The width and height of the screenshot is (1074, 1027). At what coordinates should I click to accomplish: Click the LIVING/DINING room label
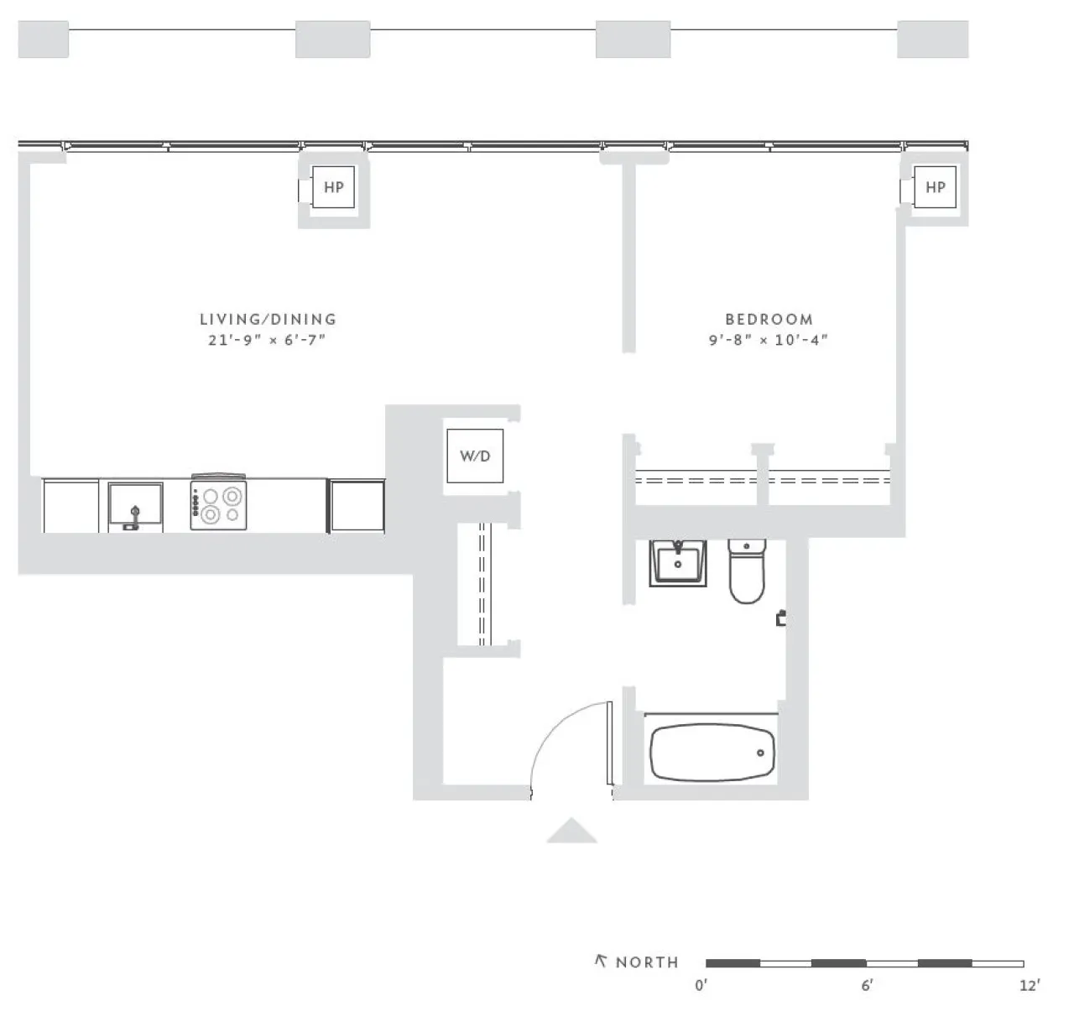coord(268,319)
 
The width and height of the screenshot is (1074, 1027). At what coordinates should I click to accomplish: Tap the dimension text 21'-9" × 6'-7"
coord(267,341)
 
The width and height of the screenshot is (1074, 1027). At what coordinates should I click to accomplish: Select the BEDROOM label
coord(769,319)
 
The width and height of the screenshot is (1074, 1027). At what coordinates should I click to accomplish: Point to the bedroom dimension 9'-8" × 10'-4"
coord(769,341)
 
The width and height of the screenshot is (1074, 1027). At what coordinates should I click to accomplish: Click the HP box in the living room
coord(333,187)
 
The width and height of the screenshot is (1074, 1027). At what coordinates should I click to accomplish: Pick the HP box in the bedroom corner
coord(935,187)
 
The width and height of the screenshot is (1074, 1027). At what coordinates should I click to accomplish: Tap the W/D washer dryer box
coord(475,456)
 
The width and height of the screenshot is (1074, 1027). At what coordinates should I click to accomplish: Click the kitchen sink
coord(134,507)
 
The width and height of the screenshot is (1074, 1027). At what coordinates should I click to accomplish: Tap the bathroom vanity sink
coord(677,564)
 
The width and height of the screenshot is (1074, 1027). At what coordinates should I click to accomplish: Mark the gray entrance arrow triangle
coord(571,831)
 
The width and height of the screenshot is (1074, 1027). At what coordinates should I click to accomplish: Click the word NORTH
coord(647,962)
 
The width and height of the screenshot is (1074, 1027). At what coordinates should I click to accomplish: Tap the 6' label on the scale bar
coord(866,985)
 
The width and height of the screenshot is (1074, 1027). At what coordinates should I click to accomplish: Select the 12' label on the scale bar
coord(1029,985)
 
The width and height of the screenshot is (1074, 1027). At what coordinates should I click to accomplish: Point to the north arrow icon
coord(601,962)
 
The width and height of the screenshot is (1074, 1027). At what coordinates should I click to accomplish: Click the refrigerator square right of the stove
coord(357,505)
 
